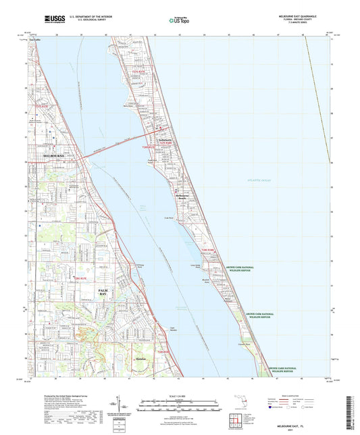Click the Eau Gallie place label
point(36,40)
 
